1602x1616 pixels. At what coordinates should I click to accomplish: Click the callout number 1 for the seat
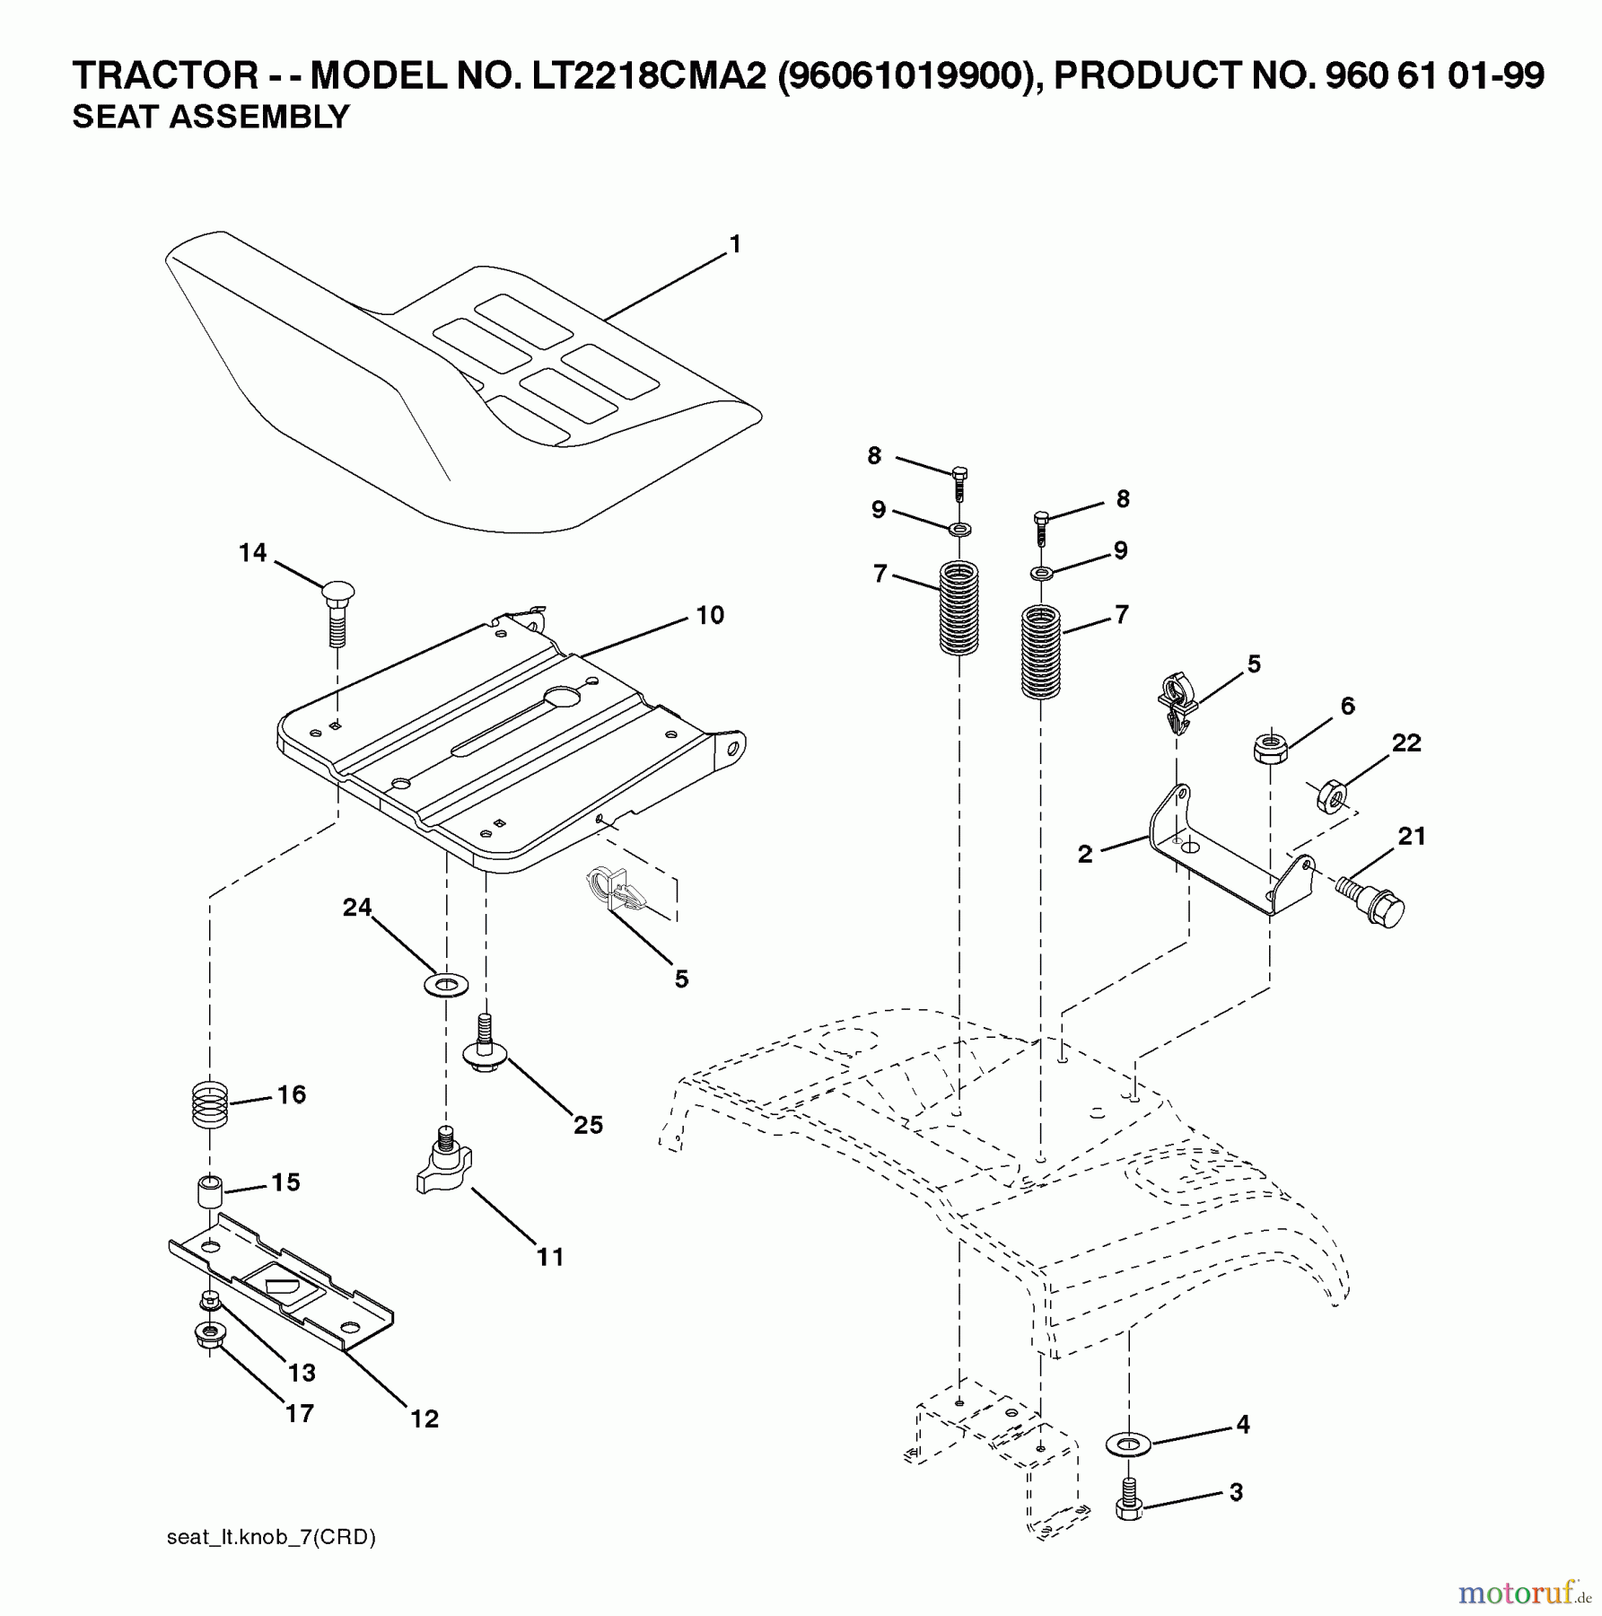pos(735,244)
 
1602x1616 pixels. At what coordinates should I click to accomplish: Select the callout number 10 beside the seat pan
pos(709,615)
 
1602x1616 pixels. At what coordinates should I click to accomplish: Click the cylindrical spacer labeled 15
pos(209,1191)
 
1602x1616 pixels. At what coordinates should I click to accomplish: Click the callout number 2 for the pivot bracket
pos(1085,854)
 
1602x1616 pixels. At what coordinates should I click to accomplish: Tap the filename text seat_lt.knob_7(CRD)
pos(271,1536)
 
